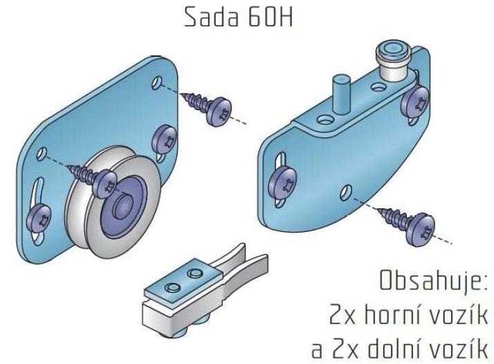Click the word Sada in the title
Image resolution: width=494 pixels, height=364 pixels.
pyautogui.click(x=211, y=17)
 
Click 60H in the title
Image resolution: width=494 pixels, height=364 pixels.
pyautogui.click(x=271, y=17)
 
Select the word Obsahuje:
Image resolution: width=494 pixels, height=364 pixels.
pyautogui.click(x=434, y=281)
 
